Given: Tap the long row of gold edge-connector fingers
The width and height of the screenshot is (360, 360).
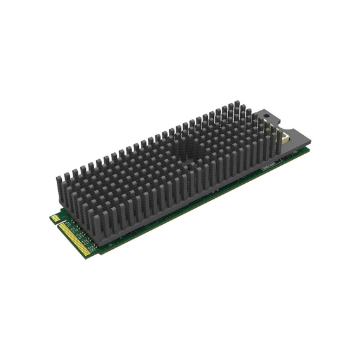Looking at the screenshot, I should pos(76,241).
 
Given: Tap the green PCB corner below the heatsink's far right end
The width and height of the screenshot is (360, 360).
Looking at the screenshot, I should pos(309,150).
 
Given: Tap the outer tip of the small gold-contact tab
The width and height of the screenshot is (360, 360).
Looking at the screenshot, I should pos(51,219).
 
